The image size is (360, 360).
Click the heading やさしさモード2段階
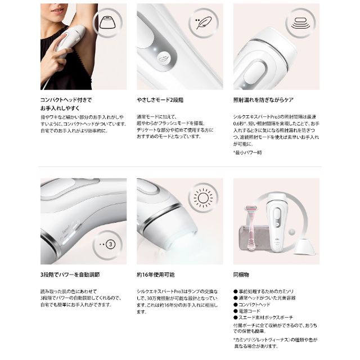(160, 99)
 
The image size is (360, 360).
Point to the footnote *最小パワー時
(250, 152)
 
